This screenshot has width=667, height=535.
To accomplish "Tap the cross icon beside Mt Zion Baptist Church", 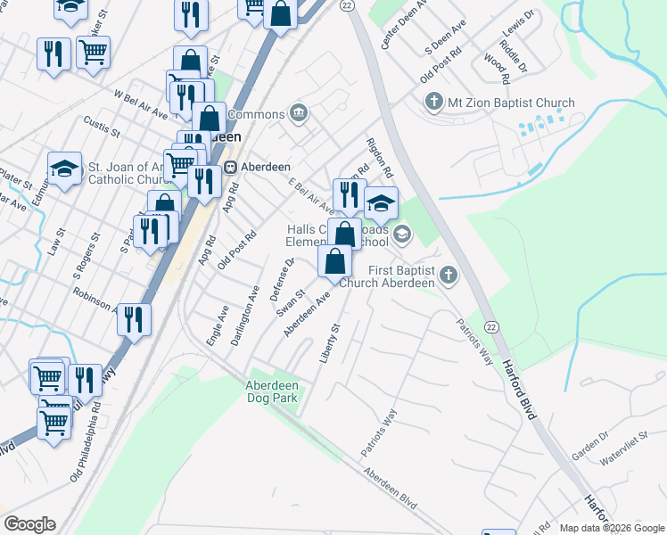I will click(434, 102).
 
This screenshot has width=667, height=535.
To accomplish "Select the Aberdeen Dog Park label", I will click(272, 391).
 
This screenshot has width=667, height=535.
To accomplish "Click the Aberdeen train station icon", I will click(230, 167).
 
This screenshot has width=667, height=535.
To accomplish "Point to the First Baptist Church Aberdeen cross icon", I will click(448, 276).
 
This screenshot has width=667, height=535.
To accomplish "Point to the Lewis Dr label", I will click(516, 25).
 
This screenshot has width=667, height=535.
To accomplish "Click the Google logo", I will click(29, 524).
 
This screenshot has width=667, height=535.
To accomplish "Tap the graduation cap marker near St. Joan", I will click(64, 169).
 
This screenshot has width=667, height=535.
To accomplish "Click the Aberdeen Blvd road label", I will click(390, 489).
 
